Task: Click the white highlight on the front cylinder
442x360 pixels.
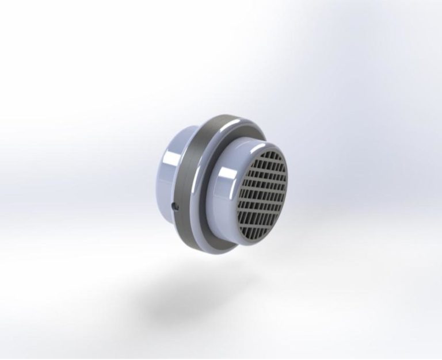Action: [x=224, y=173]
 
